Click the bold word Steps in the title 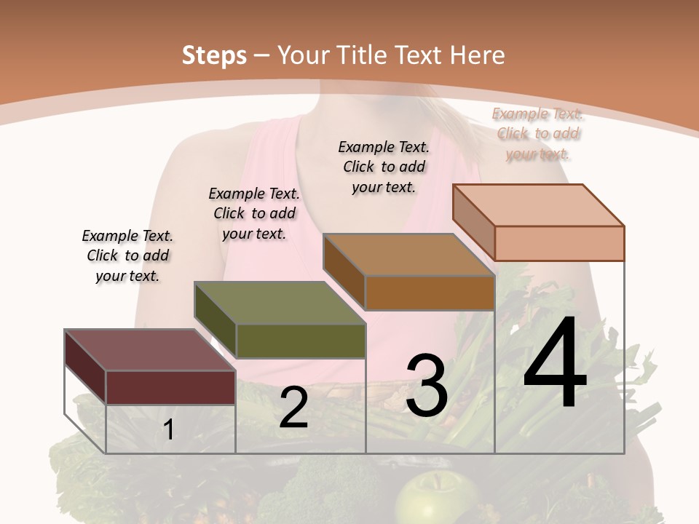coord(214,55)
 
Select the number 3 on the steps coord(427,386)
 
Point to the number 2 coord(293,408)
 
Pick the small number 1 coord(169,429)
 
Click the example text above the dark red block coord(127,255)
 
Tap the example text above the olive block coord(254,213)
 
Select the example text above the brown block coord(384,167)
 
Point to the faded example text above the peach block coord(537,133)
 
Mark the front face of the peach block coord(559,243)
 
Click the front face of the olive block coord(301,341)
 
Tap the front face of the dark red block coord(170,387)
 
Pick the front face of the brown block coord(430,293)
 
